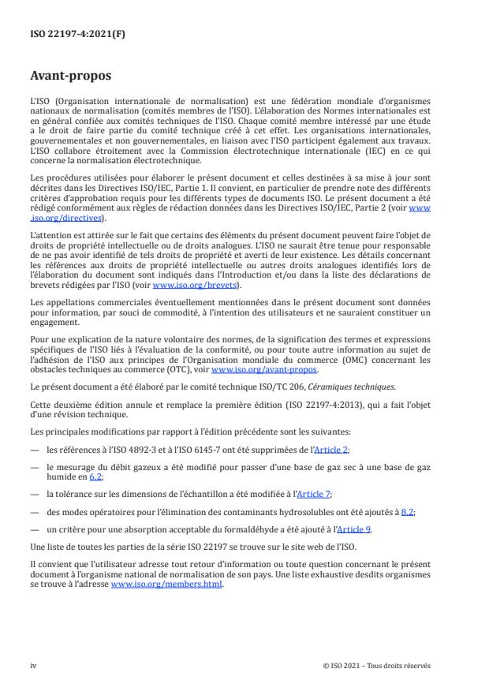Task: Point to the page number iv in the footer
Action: (32, 665)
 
